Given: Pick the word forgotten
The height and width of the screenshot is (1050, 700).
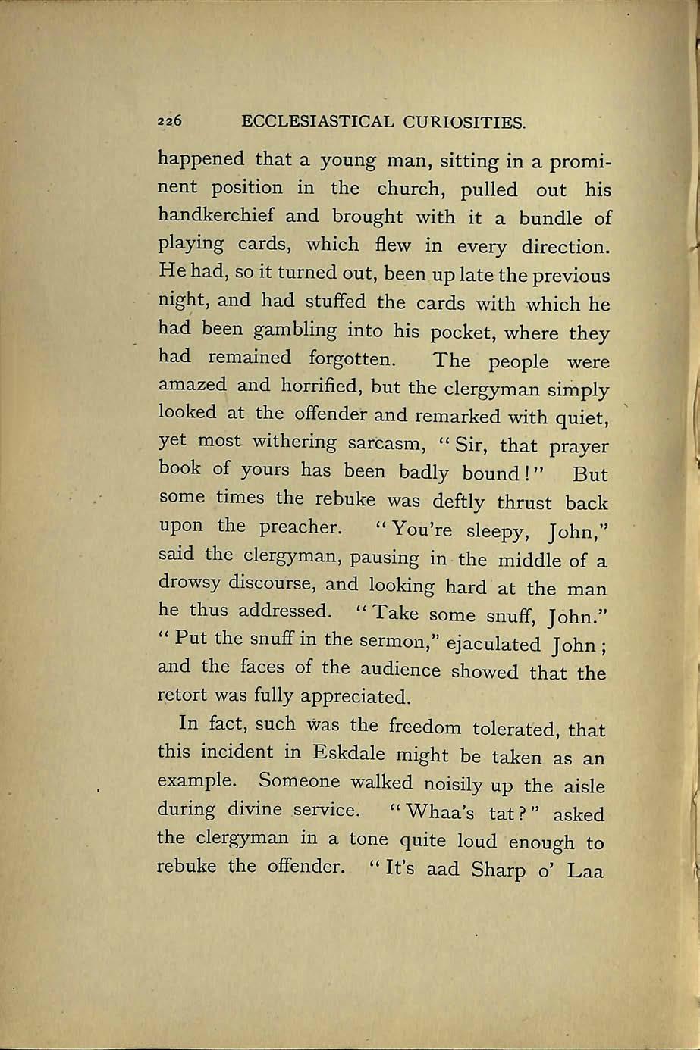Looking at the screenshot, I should pyautogui.click(x=352, y=358).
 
